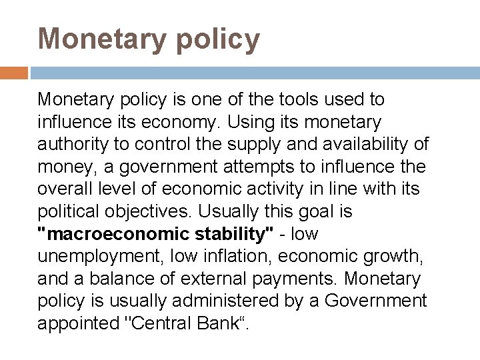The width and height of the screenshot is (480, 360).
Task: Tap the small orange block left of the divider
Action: coord(13,73)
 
